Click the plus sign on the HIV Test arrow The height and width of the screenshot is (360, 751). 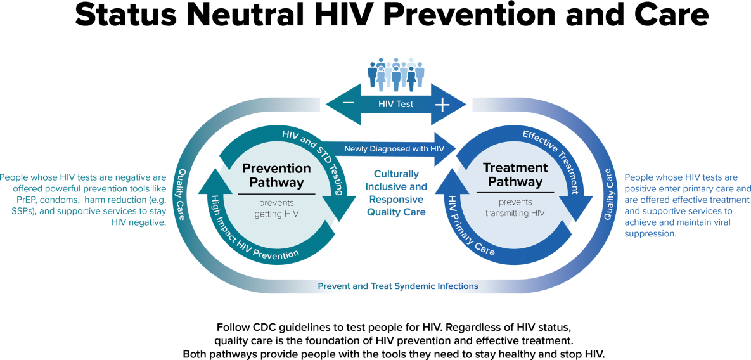442,105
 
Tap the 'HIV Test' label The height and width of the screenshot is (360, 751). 395,104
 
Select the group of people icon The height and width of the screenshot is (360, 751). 396,75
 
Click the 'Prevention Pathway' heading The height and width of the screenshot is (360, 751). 276,176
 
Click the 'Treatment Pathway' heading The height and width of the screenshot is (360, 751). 515,175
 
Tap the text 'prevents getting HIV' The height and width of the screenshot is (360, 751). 276,209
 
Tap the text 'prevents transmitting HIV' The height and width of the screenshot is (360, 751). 515,208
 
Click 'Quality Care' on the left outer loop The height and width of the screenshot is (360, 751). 181,194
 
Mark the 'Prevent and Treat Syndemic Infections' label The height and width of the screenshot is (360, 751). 397,286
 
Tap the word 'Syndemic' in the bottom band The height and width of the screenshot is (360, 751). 414,286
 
